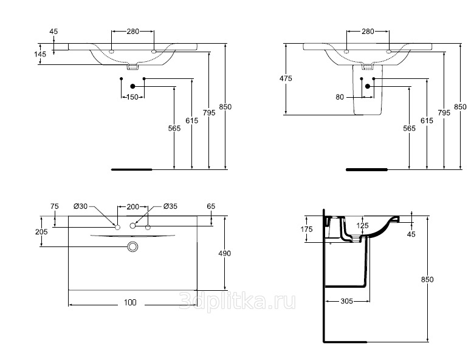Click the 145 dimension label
(40, 54)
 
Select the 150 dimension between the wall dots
(132, 97)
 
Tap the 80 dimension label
(340, 97)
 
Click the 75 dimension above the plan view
(54, 206)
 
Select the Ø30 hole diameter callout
(81, 206)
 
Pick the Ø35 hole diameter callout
(170, 206)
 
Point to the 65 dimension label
(211, 206)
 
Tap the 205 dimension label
(41, 232)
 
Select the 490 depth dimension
(225, 253)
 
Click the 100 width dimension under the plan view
(130, 302)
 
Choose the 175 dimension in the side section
(306, 229)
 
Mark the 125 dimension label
(362, 226)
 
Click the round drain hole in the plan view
(132, 246)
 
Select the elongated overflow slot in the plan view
(132, 236)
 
